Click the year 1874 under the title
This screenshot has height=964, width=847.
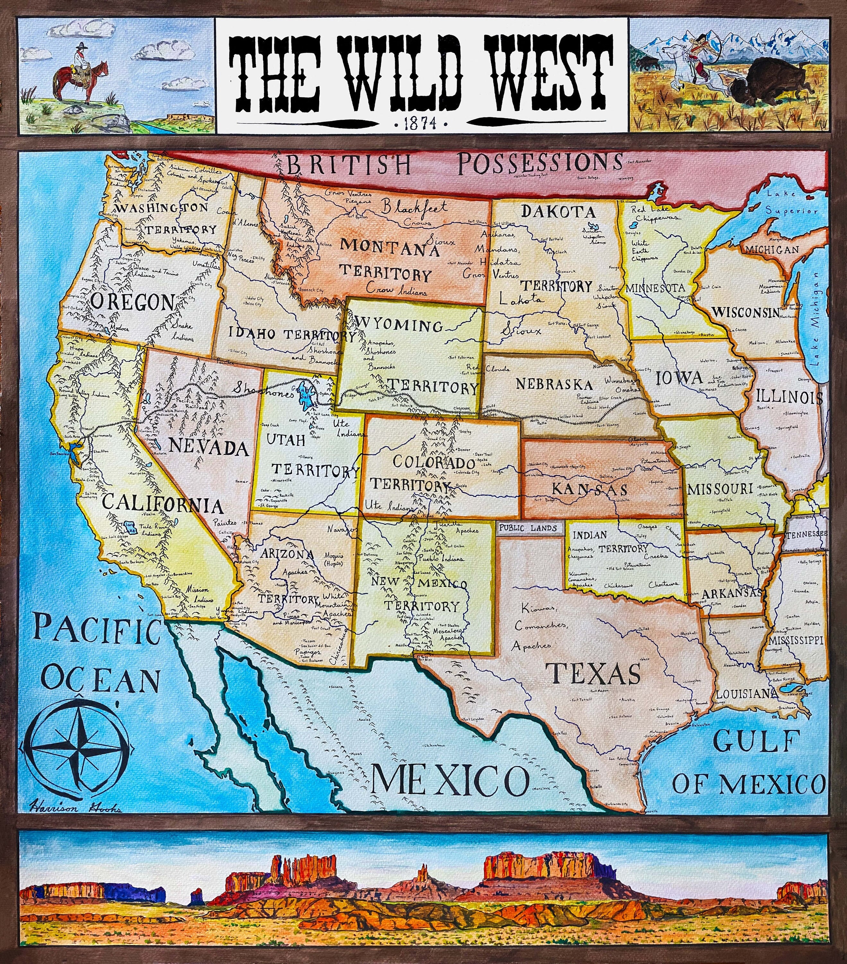[421, 124]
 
